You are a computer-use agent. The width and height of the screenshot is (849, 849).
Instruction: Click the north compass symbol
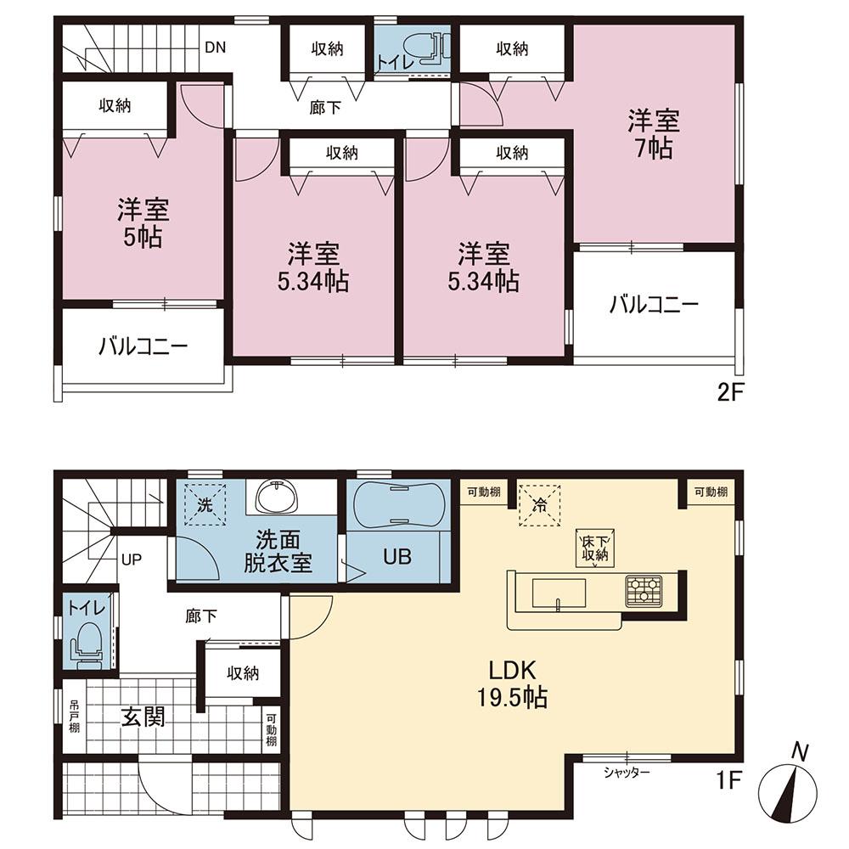pos(788,793)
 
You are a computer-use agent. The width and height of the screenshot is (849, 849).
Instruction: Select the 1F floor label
pos(728,780)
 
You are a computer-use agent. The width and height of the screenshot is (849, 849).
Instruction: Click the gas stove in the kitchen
pos(644,591)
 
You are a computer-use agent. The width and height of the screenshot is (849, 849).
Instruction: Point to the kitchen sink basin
pos(559,593)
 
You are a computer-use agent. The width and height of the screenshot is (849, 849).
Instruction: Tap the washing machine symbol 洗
pos(205,505)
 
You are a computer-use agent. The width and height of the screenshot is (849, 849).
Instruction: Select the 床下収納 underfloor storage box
pos(595,548)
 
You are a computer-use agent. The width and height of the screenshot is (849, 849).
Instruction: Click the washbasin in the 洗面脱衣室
pos(278,497)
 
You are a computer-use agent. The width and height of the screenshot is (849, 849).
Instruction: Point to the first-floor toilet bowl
pos(87,644)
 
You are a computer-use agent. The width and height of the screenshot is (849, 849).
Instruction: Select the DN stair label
pos(215,47)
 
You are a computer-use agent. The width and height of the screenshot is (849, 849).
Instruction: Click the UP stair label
pos(132,559)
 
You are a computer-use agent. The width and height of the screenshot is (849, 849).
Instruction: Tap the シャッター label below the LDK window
pos(627,773)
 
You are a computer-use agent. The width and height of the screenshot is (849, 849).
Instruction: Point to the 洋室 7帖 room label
pos(654,134)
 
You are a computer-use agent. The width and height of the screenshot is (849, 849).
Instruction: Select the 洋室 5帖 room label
pos(143,222)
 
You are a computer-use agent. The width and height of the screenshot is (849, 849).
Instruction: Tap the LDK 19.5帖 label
pos(512,683)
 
